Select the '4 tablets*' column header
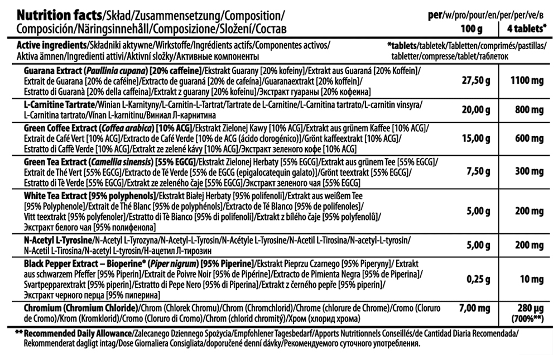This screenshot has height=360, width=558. click(x=527, y=28)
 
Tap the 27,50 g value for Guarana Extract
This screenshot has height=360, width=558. click(x=476, y=81)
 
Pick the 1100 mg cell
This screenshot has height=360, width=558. click(x=527, y=81)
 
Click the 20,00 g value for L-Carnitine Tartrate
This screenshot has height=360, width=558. click(x=476, y=110)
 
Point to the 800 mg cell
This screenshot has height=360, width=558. click(x=527, y=110)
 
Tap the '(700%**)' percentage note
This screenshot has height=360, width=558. click(x=527, y=319)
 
